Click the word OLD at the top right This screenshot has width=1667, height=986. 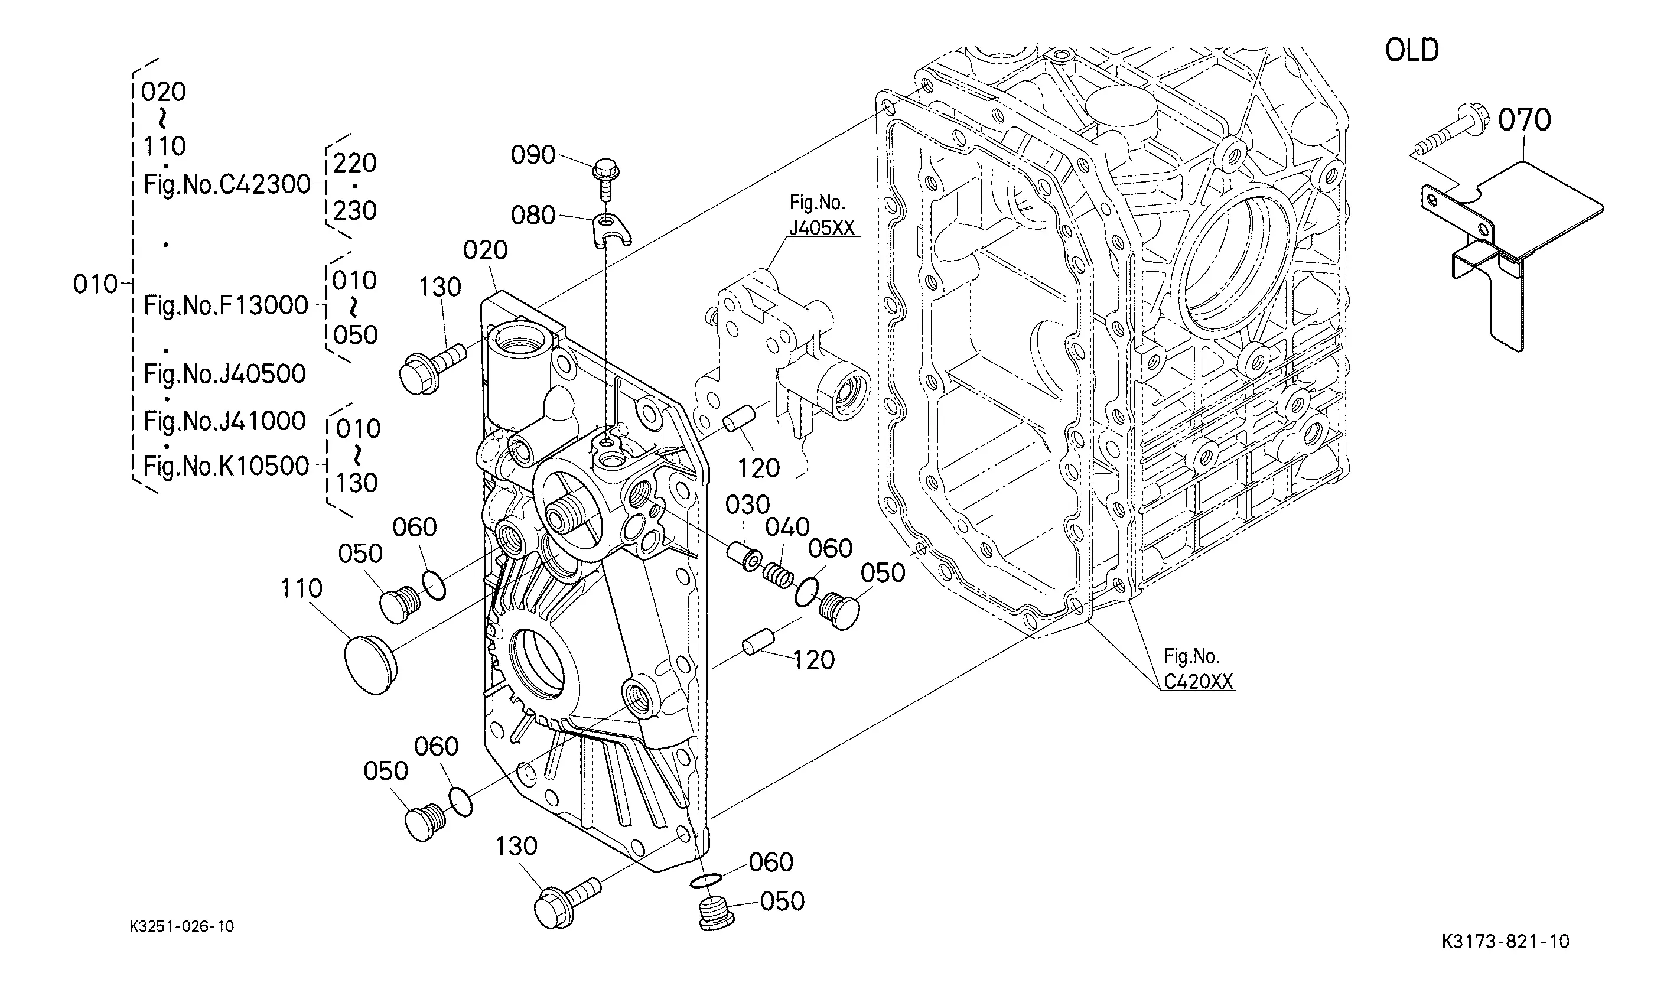pyautogui.click(x=1412, y=50)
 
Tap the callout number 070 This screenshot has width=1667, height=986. pyautogui.click(x=1524, y=121)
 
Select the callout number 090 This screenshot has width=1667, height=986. pyautogui.click(x=533, y=155)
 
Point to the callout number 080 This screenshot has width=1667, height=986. pyautogui.click(x=533, y=215)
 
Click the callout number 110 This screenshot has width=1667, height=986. pyautogui.click(x=301, y=588)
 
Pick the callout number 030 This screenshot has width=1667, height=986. pyautogui.click(x=747, y=505)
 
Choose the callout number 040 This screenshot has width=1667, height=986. pyautogui.click(x=787, y=527)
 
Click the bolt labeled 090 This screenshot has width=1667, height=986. pyautogui.click(x=605, y=178)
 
